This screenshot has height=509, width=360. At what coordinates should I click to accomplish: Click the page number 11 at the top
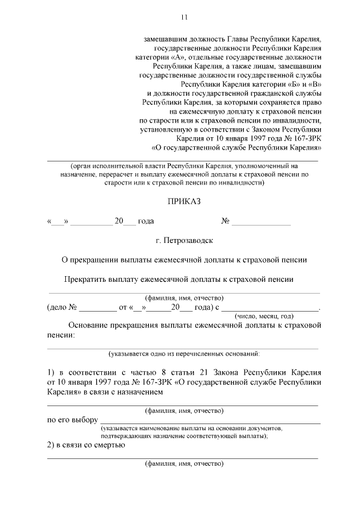(x=183, y=17)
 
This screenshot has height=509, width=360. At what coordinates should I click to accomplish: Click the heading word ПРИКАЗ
(x=183, y=201)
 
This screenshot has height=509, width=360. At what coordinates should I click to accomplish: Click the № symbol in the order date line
(x=226, y=221)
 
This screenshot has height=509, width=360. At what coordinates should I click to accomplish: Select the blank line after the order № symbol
(x=262, y=223)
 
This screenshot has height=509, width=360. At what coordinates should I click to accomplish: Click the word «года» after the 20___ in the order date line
(x=146, y=221)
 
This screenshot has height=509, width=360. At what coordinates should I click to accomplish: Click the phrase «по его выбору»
(x=72, y=420)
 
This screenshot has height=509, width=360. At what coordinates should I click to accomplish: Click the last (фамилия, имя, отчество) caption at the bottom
(x=184, y=464)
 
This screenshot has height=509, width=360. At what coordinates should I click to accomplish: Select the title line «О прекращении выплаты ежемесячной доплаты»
(x=184, y=259)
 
